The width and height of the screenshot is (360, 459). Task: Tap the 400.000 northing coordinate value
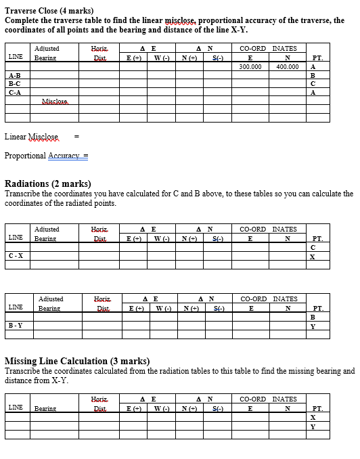coord(287,67)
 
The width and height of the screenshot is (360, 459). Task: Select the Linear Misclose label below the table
coord(32,137)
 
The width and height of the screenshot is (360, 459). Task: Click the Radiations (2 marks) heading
coord(48,184)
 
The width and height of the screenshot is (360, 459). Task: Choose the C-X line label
coord(16,256)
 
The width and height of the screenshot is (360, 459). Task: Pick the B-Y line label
coord(16,326)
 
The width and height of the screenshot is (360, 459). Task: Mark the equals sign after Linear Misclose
coord(76,137)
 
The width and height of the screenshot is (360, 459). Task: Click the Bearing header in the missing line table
coord(46,408)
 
